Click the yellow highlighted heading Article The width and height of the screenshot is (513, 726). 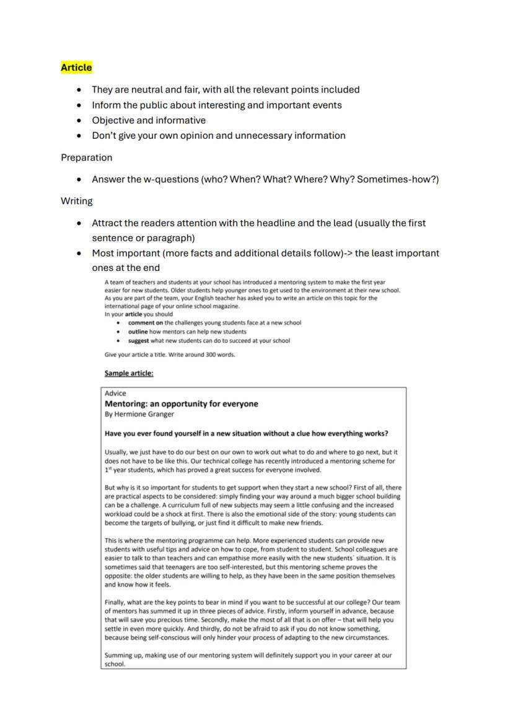[x=76, y=68]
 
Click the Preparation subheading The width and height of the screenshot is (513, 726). [x=86, y=157]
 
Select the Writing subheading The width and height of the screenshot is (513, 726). [x=77, y=201]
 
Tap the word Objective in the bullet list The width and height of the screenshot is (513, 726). [x=113, y=120]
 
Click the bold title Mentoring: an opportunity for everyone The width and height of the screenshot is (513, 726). [x=182, y=404]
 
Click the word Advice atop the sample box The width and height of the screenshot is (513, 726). [x=115, y=393]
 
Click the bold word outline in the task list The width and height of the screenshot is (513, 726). [x=138, y=332]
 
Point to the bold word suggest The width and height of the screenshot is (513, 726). [x=139, y=340]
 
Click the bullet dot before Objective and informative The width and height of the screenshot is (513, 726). [x=79, y=120]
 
